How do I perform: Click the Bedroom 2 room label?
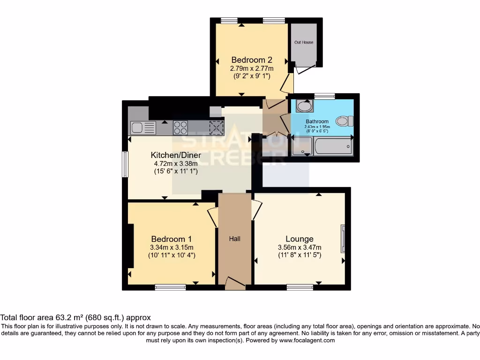click(x=252, y=60)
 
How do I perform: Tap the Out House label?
click(x=304, y=42)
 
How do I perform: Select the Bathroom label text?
click(x=317, y=121)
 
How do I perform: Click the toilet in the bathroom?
click(x=345, y=121)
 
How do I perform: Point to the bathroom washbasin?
click(x=305, y=106)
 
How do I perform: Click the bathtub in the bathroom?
click(x=333, y=146)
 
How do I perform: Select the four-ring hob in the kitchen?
click(x=181, y=127)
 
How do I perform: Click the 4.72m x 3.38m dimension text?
click(x=176, y=164)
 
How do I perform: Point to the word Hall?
click(x=235, y=239)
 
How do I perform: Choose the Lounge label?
click(x=300, y=239)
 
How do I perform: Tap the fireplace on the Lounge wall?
click(x=343, y=238)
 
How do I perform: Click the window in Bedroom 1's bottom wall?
click(x=170, y=287)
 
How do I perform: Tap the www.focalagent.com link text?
click(x=307, y=340)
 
